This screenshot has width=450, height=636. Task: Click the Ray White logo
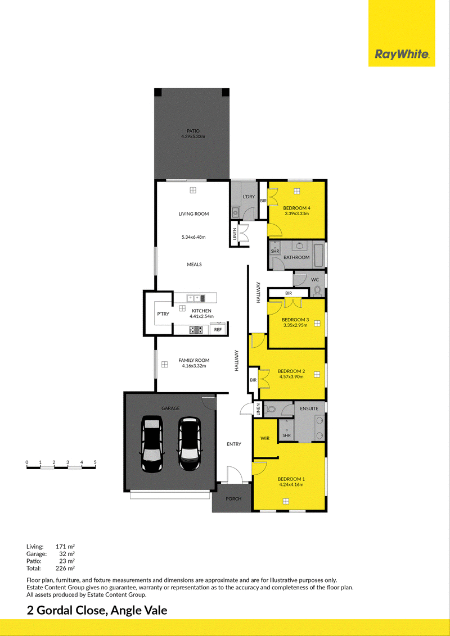(x=402, y=54)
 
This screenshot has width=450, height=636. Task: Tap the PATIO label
(x=193, y=131)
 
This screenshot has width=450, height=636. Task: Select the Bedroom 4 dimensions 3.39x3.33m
(x=296, y=213)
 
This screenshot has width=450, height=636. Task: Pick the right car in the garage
(x=189, y=444)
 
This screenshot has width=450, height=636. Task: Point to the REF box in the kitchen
(x=218, y=329)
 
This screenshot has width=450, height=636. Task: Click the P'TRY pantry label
(x=163, y=314)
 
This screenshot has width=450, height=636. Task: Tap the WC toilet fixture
(x=318, y=291)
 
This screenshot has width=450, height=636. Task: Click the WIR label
(x=265, y=438)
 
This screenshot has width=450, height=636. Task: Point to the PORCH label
(x=233, y=498)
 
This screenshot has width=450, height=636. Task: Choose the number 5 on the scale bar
(x=95, y=462)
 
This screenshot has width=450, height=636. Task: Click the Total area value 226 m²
(x=65, y=568)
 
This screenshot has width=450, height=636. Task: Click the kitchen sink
(x=195, y=298)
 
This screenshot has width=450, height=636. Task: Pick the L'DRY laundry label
(x=249, y=197)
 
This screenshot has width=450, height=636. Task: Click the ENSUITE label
(x=309, y=408)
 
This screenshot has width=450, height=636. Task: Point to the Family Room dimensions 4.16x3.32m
(x=193, y=366)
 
